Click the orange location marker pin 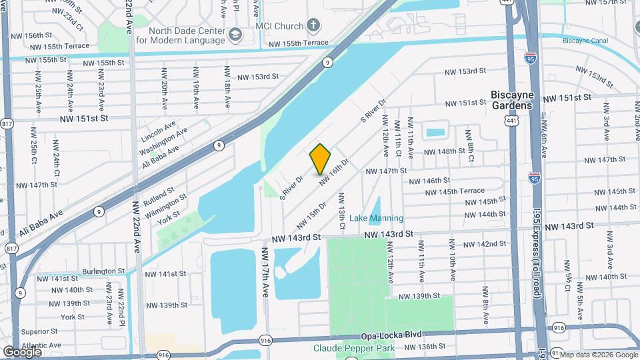(x=320, y=159)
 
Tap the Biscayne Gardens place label (x=511, y=100)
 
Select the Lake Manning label (x=377, y=218)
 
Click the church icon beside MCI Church (x=314, y=26)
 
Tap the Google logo (x=22, y=351)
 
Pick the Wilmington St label (x=167, y=203)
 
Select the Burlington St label (x=103, y=271)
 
